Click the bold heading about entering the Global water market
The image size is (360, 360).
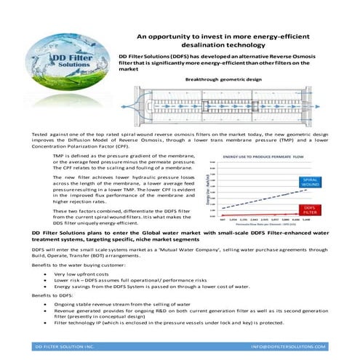pos(182,235)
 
